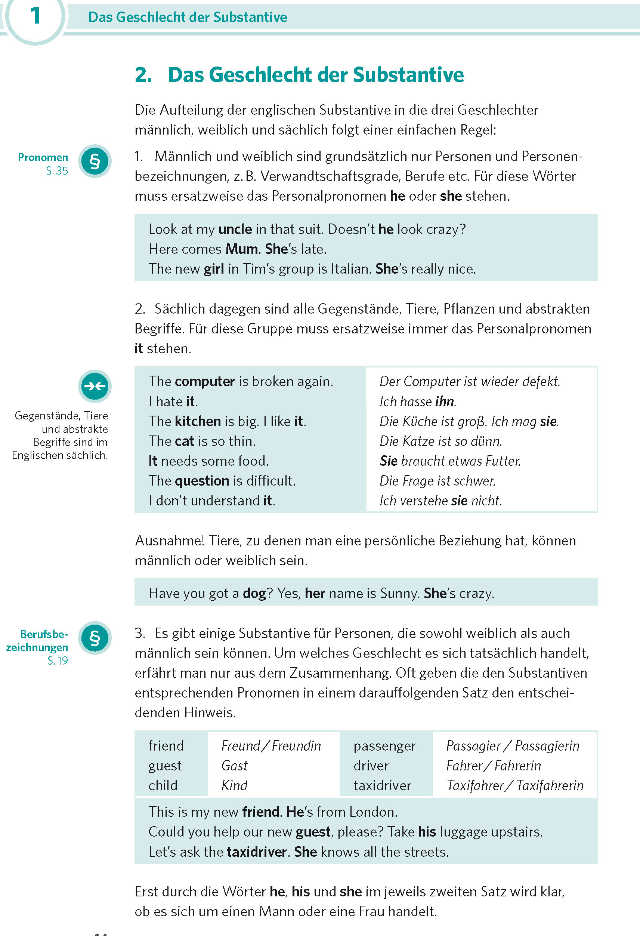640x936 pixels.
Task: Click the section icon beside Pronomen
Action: [x=95, y=161]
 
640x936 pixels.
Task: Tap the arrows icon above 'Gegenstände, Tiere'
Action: [x=95, y=386]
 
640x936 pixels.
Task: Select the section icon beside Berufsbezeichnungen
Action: [x=95, y=638]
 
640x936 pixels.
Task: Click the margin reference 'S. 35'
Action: [x=57, y=171]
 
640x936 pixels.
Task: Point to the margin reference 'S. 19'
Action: [x=58, y=661]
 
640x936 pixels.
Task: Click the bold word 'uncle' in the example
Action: [x=235, y=229]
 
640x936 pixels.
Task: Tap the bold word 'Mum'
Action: [x=241, y=249]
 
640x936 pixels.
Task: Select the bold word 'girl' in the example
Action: [x=214, y=269]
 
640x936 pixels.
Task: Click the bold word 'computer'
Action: [x=205, y=381]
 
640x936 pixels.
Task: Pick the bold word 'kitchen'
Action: [x=198, y=421]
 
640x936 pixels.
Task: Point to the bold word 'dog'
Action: [x=254, y=593]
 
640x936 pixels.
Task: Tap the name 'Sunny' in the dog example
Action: [x=399, y=593]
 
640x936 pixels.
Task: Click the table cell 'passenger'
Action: [x=384, y=746]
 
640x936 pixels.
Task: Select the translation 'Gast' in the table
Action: [x=234, y=766]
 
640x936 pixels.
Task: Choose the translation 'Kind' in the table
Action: [x=234, y=785]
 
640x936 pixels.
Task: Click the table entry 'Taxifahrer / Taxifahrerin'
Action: [x=515, y=785]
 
